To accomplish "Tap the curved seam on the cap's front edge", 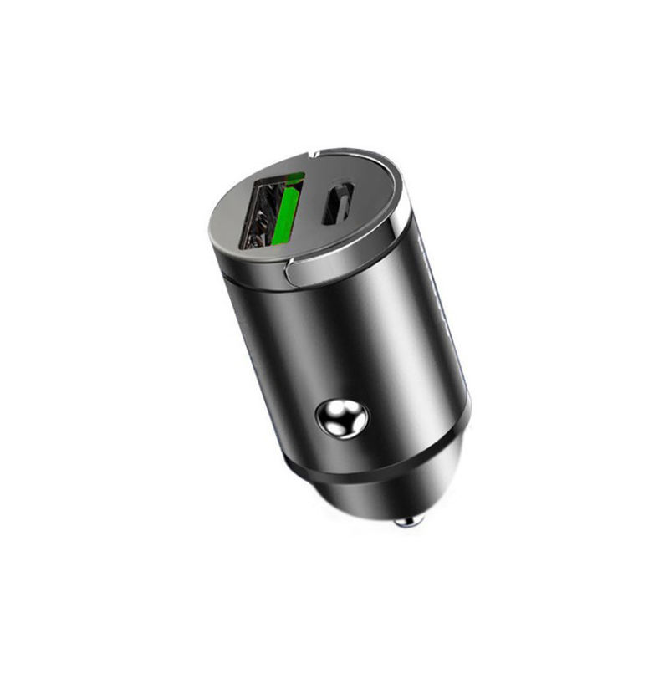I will [292, 269].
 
